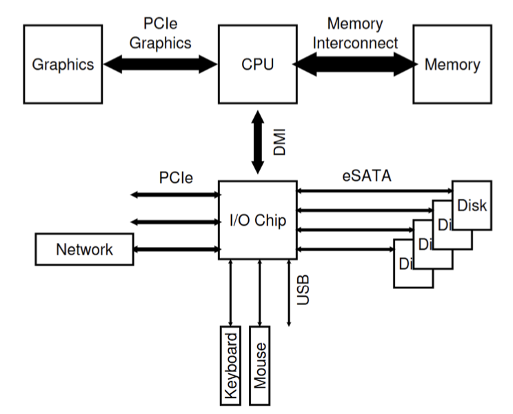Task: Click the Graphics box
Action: coord(63,65)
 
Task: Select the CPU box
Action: coord(257,65)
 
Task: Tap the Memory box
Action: coord(452,65)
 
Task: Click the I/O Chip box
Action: coord(257,221)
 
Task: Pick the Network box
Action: coord(83,249)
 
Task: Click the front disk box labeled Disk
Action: coord(472,205)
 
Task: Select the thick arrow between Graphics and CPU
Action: coord(160,65)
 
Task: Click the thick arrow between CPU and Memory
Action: coord(354,65)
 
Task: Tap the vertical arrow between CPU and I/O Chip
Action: coord(257,143)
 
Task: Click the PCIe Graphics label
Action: coord(160,32)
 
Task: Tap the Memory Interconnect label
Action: coord(354,32)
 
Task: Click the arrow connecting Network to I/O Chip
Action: coord(175,249)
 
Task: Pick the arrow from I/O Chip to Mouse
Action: coord(259,293)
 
